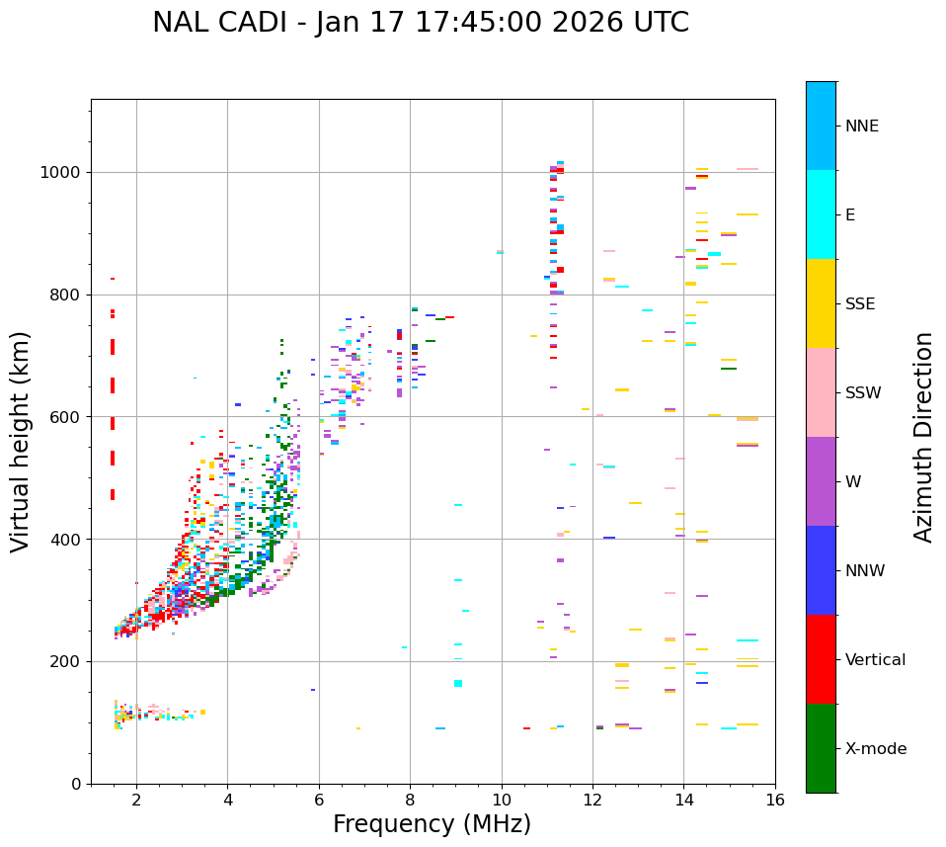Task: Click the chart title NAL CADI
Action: (420, 23)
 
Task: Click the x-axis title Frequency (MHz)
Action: (432, 824)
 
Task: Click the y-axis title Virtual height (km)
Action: (21, 441)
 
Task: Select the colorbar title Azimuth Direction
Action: (923, 436)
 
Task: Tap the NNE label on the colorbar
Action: (861, 127)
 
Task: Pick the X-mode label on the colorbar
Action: (875, 749)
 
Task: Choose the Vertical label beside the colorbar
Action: (875, 660)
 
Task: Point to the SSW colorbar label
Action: (863, 393)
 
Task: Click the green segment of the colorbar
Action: (821, 748)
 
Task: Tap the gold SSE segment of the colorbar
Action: (821, 303)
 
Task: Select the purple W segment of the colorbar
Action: (821, 481)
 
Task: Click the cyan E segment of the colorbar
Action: (821, 214)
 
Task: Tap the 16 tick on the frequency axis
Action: (775, 800)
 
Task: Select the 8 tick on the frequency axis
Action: (410, 800)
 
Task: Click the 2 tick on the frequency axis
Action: (136, 800)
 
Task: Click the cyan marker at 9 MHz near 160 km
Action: (457, 683)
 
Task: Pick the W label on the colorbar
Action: (853, 482)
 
